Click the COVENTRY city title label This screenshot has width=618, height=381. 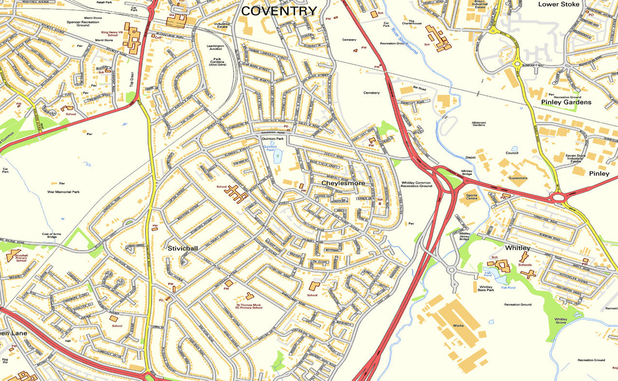[x=279, y=11]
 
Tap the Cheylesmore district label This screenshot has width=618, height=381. [x=343, y=183]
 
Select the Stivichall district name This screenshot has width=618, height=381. [x=182, y=248]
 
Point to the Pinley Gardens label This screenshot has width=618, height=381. [x=566, y=102]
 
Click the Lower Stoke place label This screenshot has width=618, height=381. [x=559, y=4]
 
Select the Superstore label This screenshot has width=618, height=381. [x=518, y=178]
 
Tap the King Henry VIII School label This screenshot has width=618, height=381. [x=109, y=34]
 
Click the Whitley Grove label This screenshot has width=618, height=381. [x=561, y=321]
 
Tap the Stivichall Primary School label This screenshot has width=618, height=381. [x=21, y=258]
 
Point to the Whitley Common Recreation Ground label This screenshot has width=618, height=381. [x=417, y=185]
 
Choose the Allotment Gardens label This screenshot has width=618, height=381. [x=479, y=124]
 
